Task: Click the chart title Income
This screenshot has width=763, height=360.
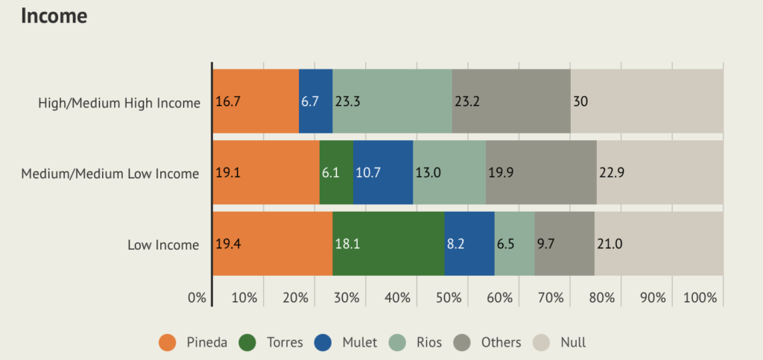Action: pos(54,16)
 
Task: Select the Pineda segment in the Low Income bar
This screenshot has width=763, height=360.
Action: pos(273,244)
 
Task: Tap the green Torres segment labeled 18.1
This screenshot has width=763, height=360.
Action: pos(388,244)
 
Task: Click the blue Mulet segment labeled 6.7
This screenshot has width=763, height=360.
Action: pos(316,101)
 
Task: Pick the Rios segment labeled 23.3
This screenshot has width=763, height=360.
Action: pos(393,101)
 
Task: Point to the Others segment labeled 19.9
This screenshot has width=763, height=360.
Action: pos(541,173)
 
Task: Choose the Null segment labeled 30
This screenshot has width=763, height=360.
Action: pos(647,101)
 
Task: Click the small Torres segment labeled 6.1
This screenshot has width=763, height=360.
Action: pos(336,173)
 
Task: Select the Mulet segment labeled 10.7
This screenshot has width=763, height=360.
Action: pos(383,173)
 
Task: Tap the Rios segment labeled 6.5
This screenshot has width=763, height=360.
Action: pos(514,244)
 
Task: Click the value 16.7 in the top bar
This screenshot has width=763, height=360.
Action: pos(227,102)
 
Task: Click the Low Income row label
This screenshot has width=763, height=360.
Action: pos(163,244)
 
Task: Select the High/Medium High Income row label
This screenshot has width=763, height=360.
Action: pos(119,103)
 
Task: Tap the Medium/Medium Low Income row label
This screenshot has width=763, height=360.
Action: pos(110,174)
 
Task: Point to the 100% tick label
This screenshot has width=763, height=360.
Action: pos(700,298)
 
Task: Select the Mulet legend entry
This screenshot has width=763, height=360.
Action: pos(349,343)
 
